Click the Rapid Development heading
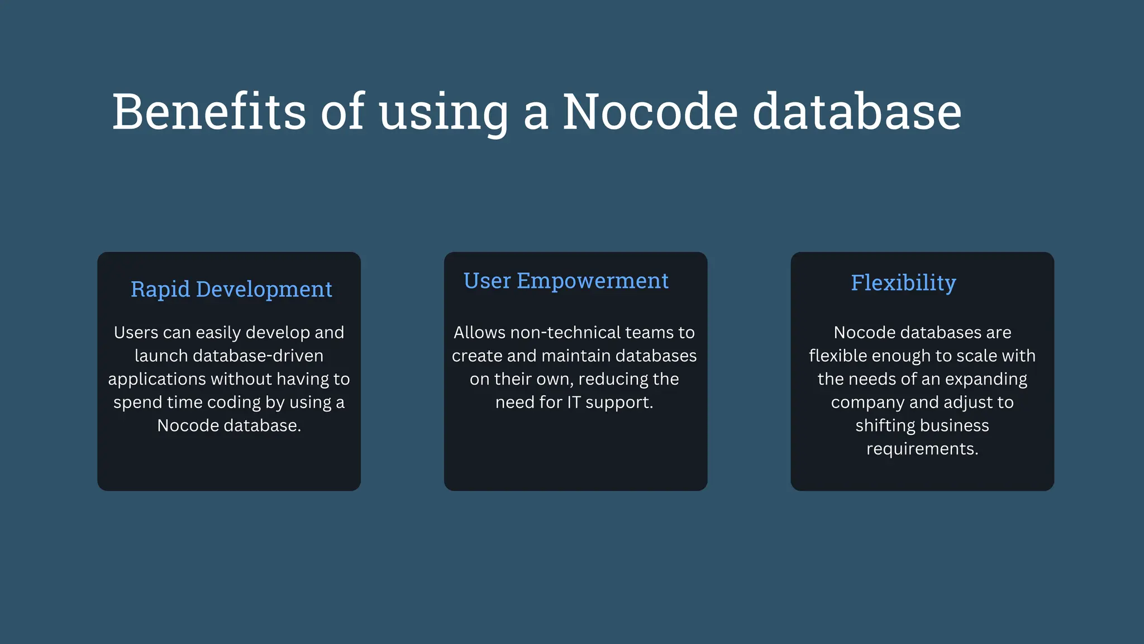231,289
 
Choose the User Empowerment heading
566,281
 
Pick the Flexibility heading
903,283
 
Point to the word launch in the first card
160,356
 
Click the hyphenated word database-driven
258,356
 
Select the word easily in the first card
218,333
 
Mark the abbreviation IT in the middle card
574,402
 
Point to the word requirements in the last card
922,449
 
